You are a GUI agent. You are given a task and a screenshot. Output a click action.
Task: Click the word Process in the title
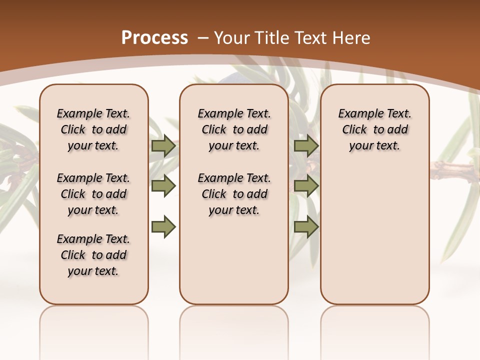pyautogui.click(x=154, y=37)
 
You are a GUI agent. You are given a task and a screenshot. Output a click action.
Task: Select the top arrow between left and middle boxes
pyautogui.click(x=163, y=146)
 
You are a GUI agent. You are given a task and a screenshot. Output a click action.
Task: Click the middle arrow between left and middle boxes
pyautogui.click(x=163, y=186)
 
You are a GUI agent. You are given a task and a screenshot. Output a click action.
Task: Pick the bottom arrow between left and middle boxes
pyautogui.click(x=163, y=227)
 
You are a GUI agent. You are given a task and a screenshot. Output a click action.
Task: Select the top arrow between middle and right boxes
pyautogui.click(x=306, y=146)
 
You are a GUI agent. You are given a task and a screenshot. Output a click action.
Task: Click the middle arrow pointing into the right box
pyautogui.click(x=306, y=186)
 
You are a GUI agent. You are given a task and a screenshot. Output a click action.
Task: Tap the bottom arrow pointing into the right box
pyautogui.click(x=306, y=227)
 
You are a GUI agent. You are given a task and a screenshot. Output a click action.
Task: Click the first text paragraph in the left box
pyautogui.click(x=93, y=129)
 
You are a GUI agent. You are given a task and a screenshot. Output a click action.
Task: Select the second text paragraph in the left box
pyautogui.click(x=93, y=194)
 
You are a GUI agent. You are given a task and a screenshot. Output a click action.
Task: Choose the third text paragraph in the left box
pyautogui.click(x=93, y=255)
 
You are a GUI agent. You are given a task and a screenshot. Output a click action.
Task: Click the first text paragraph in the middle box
pyautogui.click(x=234, y=129)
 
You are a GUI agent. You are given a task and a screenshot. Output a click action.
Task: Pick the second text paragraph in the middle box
pyautogui.click(x=234, y=194)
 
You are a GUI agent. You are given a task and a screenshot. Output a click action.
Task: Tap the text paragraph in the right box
pyautogui.click(x=374, y=129)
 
